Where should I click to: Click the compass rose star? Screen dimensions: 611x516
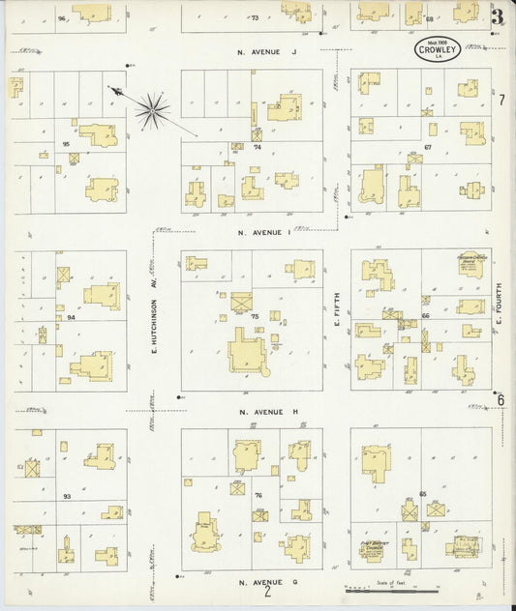coord(152,110)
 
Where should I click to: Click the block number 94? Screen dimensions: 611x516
coord(71,317)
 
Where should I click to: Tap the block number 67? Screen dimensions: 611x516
coord(427,147)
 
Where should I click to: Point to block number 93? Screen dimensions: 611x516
coord(67,496)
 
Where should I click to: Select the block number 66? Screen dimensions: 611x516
coord(425,316)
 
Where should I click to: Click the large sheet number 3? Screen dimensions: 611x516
coord(497,16)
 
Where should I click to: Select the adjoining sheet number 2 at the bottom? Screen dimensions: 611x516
coord(267,592)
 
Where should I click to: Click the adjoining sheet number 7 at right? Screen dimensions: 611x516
coord(502,100)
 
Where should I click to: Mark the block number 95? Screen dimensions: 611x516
coord(66,144)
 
